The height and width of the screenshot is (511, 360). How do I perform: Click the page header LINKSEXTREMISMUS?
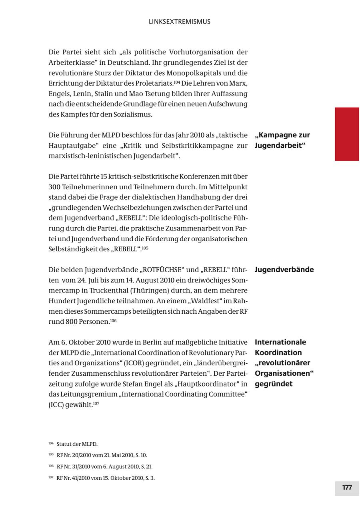180,22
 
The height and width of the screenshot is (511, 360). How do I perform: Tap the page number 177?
347,487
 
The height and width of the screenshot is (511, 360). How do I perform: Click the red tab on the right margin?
347,134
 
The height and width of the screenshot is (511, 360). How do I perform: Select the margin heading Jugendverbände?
284,269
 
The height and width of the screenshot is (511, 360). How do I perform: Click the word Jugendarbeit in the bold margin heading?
278,145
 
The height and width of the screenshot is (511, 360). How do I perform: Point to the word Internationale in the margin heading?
280,342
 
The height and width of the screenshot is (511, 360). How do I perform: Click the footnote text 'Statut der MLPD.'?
77,444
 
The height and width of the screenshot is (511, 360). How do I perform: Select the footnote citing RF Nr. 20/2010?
102,455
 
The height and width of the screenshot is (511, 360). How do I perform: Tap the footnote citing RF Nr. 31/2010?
104,467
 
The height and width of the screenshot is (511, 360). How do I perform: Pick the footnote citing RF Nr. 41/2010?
106,478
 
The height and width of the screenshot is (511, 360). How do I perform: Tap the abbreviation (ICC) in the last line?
56,405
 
